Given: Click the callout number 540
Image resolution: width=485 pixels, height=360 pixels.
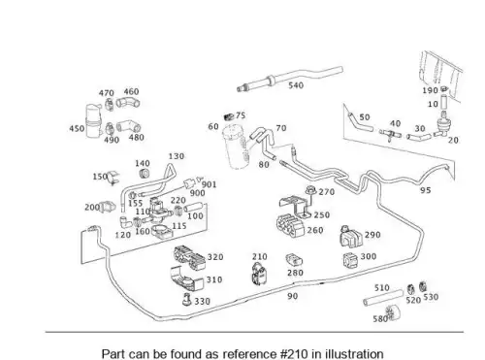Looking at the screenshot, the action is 296,85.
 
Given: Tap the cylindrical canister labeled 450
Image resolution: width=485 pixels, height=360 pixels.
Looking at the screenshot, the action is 94,121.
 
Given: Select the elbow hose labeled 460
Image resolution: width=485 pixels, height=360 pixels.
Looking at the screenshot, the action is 128,103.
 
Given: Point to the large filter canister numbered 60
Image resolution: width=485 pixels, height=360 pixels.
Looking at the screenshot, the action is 237,147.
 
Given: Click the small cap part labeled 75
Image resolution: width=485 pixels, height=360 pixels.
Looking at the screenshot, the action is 229,117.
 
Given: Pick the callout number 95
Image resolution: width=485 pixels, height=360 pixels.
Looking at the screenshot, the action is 426,190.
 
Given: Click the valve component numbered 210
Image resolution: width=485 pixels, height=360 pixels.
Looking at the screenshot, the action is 260,275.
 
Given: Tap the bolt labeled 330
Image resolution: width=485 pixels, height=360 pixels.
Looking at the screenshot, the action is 187,299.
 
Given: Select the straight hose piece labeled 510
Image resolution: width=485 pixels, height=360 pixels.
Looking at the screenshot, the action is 383,298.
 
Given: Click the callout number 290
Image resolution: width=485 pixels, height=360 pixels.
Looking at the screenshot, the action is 372,235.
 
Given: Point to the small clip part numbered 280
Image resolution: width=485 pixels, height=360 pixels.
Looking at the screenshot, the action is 294,260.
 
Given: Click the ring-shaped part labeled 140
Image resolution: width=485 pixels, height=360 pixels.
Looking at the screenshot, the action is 145,174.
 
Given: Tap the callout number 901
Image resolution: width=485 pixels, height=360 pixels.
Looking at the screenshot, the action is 209,184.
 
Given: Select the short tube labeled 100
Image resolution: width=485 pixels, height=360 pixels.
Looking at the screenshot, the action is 193,208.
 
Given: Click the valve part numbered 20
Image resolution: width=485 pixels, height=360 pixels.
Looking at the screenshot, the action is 441,125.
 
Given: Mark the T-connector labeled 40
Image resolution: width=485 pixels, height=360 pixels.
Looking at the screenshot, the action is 390,134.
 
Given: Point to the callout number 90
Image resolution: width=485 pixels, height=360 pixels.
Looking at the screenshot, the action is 293,296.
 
